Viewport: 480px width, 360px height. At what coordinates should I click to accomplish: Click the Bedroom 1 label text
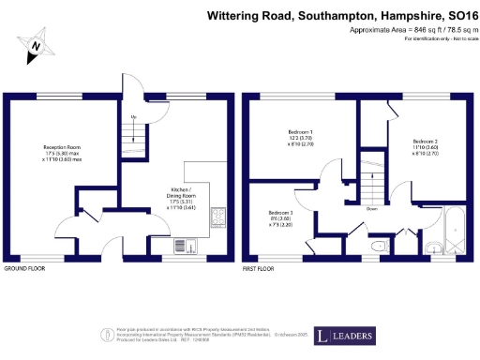point(300,139)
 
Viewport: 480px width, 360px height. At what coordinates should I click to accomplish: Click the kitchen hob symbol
point(217,217)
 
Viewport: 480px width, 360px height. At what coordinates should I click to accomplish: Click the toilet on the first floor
point(378,247)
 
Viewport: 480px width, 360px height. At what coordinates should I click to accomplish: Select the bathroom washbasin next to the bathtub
point(432,247)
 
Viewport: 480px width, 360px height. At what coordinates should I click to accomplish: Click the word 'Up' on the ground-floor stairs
point(134,117)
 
